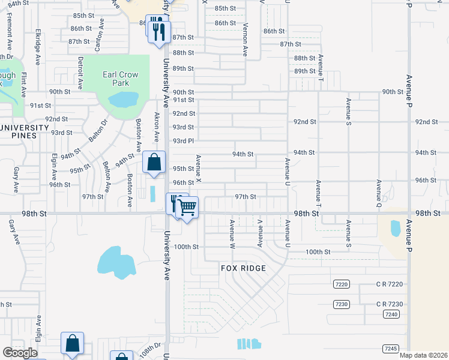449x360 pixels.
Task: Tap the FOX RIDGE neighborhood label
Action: pyautogui.click(x=243, y=268)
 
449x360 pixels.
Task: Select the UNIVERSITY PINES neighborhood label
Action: pyautogui.click(x=25, y=131)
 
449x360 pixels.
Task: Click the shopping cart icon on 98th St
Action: pyautogui.click(x=188, y=208)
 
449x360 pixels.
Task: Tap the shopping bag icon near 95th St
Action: pyautogui.click(x=154, y=162)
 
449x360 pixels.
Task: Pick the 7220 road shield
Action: pyautogui.click(x=341, y=283)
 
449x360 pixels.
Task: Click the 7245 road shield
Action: pyautogui.click(x=390, y=349)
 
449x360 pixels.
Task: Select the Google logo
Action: pyautogui.click(x=20, y=353)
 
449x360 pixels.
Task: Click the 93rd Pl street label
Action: pyautogui.click(x=183, y=141)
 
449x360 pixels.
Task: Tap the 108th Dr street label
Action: pyautogui.click(x=152, y=349)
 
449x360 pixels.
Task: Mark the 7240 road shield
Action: pyautogui.click(x=391, y=314)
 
